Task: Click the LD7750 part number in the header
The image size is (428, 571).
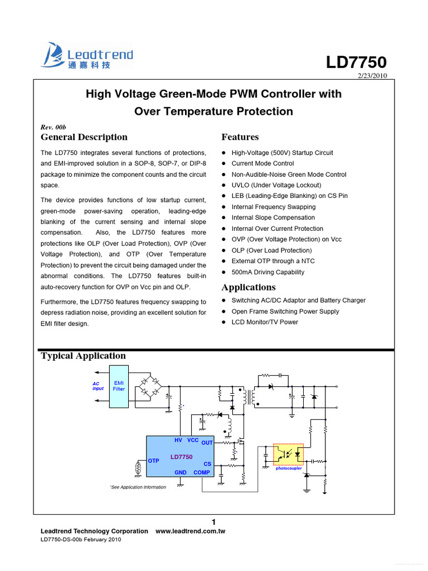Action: pyautogui.click(x=356, y=62)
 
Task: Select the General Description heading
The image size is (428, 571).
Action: pyautogui.click(x=84, y=137)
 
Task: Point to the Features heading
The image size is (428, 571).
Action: pyautogui.click(x=240, y=137)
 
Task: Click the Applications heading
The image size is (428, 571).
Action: pyautogui.click(x=249, y=287)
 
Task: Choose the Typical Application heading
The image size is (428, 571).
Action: pyautogui.click(x=84, y=356)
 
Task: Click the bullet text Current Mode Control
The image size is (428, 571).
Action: pyautogui.click(x=262, y=163)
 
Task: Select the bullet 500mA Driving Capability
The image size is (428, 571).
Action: pyautogui.click(x=268, y=272)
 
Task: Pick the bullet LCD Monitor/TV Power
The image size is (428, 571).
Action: pyautogui.click(x=265, y=322)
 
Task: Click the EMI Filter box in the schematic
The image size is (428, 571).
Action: pyautogui.click(x=119, y=386)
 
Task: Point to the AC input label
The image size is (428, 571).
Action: pyautogui.click(x=98, y=386)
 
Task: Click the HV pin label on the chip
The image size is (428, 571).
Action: pyautogui.click(x=178, y=441)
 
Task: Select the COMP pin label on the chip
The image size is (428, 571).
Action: pyautogui.click(x=202, y=472)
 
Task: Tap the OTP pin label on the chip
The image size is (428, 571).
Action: pyautogui.click(x=154, y=461)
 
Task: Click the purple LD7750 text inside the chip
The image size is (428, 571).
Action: pyautogui.click(x=181, y=457)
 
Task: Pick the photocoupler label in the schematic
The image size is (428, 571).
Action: pyautogui.click(x=289, y=468)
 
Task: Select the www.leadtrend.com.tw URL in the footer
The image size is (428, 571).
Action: pyautogui.click(x=190, y=531)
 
